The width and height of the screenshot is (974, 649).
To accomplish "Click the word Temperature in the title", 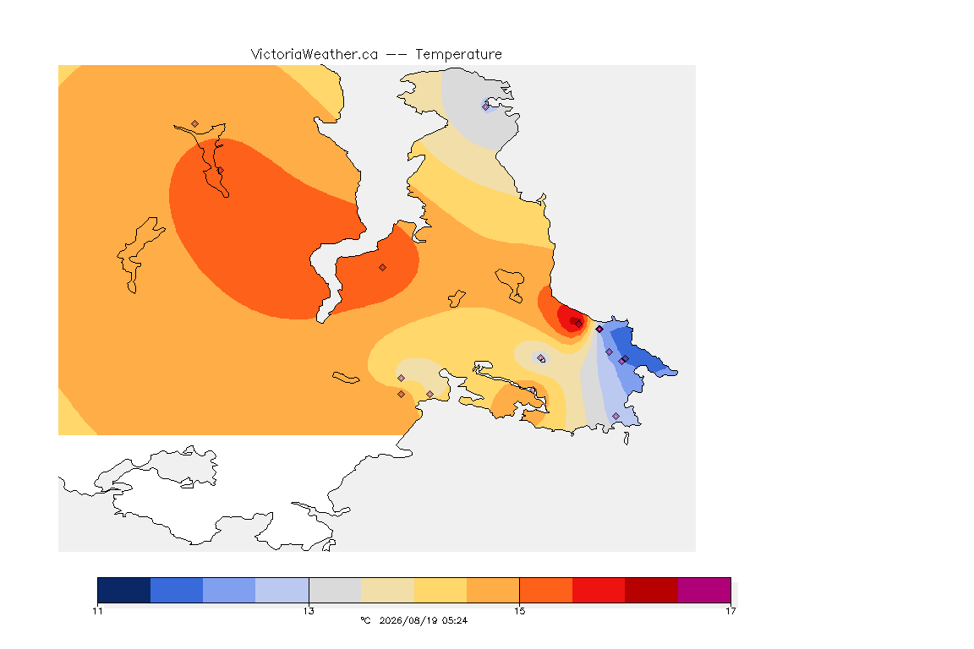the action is click(458, 55).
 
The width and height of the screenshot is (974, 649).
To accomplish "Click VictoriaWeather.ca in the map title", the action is click(315, 55).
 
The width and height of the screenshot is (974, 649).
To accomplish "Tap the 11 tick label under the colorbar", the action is click(97, 611).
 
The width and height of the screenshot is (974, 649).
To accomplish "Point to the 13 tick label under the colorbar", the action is click(309, 611).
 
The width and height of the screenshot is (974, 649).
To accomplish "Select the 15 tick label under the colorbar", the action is click(519, 611).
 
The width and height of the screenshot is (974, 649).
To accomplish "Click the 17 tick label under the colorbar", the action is click(730, 611).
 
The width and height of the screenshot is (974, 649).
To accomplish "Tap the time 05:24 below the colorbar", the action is click(455, 620).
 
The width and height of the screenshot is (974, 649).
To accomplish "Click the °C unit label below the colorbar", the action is click(365, 620).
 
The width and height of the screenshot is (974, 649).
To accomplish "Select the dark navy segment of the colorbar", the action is click(124, 590).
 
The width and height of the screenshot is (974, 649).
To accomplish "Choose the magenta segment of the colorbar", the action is click(704, 590).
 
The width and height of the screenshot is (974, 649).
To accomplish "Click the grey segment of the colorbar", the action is click(336, 590).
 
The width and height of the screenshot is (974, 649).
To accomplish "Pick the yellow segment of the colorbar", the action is click(440, 590).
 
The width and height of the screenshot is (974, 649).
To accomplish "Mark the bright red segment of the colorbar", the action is click(599, 590).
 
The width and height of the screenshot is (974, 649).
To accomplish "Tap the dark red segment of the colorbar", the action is click(652, 590).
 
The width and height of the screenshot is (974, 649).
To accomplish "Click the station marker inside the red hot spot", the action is click(579, 324).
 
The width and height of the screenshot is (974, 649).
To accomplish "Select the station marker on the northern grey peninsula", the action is click(486, 106).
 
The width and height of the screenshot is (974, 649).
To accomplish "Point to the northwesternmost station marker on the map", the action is click(195, 124).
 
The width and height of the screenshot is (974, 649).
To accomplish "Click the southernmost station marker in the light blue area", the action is click(616, 416).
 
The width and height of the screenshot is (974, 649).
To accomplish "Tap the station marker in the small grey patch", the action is click(541, 357).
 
